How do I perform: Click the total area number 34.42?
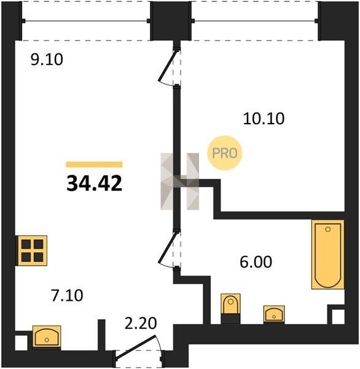coord(94,183)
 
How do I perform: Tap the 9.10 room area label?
coord(47,60)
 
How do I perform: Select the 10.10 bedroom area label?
coord(264,118)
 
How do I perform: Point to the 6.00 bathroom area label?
coord(256,262)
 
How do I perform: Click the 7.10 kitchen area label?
coord(67,296)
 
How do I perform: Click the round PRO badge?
coord(225,153)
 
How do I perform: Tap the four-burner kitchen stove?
coord(33,250)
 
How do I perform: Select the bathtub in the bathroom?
coord(328,255)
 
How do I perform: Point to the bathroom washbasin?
coord(274,314)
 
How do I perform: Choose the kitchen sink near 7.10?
coord(47,336)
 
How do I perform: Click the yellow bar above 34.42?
coord(94,164)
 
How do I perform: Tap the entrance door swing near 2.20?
coord(136,347)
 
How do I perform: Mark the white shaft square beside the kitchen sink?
coord(22,343)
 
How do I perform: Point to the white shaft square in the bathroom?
coord(338,317)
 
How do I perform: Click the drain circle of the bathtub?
coord(328,229)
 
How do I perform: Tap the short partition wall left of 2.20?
coord(101,335)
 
